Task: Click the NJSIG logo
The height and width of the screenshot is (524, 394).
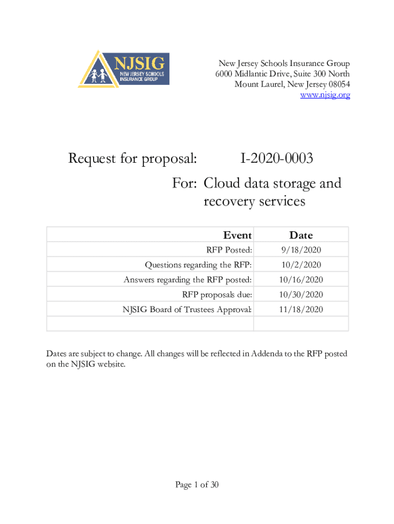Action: [124, 69]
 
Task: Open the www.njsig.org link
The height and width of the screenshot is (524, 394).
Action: [324, 95]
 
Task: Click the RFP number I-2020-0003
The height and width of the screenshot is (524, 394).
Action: [276, 159]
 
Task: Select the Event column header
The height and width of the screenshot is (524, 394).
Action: [237, 235]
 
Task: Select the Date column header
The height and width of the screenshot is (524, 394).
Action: [301, 235]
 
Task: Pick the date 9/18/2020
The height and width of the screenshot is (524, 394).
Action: [301, 250]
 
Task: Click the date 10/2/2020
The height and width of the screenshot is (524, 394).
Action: [301, 265]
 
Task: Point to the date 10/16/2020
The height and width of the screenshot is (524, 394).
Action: [301, 280]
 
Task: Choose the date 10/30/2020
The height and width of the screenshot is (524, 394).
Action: [301, 295]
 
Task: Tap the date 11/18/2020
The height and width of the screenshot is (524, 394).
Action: [301, 310]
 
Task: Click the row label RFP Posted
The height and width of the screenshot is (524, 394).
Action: [229, 250]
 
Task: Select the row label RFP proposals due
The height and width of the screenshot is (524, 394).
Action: [217, 295]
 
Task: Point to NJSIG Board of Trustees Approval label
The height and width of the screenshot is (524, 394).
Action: [187, 310]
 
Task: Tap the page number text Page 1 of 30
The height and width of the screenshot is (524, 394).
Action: [197, 485]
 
